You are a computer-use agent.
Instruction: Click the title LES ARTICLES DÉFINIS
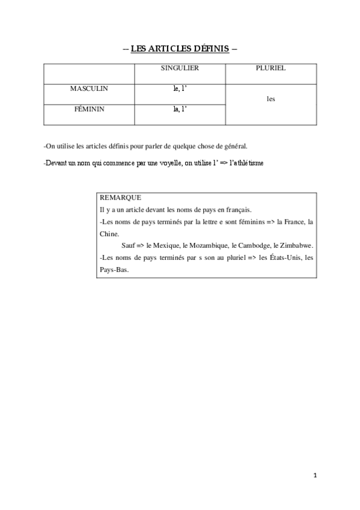(180, 48)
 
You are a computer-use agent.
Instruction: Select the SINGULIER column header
(180, 69)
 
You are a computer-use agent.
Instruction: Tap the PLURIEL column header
(270, 69)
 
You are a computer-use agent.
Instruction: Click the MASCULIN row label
(88, 89)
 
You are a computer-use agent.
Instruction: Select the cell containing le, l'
(180, 89)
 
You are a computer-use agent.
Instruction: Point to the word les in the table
(270, 99)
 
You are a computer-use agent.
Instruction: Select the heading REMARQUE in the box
(120, 197)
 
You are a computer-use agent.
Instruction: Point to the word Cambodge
(251, 245)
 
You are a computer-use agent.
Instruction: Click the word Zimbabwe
(295, 245)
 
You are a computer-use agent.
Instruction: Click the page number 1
(315, 476)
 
